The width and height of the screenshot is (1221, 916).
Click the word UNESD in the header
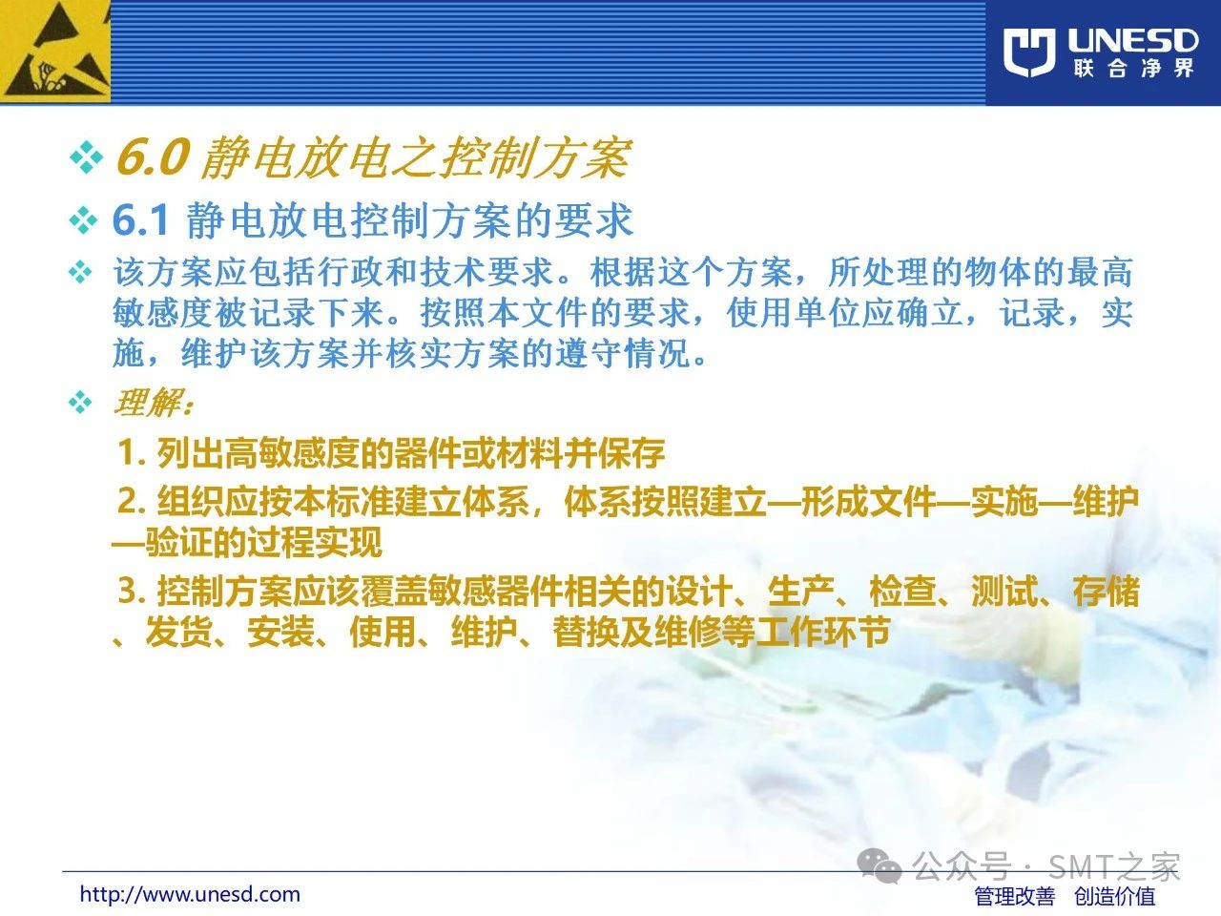tap(1132, 41)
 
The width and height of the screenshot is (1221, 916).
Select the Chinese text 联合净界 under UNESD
tap(1133, 69)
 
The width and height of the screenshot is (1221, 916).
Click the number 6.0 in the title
tap(153, 157)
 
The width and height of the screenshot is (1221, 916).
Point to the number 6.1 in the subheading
tap(141, 220)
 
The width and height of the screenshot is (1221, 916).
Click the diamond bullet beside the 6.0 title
tap(86, 156)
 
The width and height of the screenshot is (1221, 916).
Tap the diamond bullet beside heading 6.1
tap(83, 221)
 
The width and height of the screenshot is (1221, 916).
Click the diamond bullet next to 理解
tap(80, 402)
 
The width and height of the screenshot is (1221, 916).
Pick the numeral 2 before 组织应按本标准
tap(128, 501)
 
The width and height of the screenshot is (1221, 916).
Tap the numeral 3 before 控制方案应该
tap(128, 591)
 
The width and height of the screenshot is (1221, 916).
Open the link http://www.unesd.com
tap(190, 894)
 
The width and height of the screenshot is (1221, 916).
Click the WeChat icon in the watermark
tap(880, 866)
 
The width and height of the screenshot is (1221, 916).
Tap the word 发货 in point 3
tap(178, 633)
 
